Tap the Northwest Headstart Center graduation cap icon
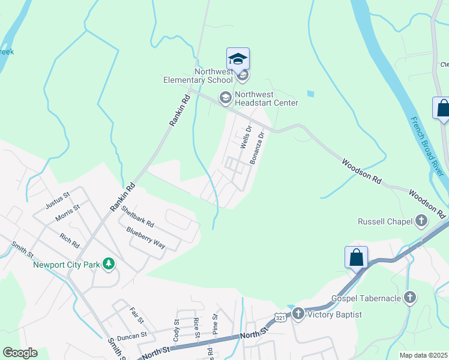[226, 97]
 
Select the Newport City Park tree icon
[109, 263]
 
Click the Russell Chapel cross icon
[421, 221]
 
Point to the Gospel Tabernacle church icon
[410, 298]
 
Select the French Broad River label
[428, 143]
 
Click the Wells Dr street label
[245, 137]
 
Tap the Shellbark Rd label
[137, 216]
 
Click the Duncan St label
[132, 335]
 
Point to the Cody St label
[176, 330]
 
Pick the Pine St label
[215, 323]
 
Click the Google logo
[20, 353]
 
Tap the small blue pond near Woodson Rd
[310, 94]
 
